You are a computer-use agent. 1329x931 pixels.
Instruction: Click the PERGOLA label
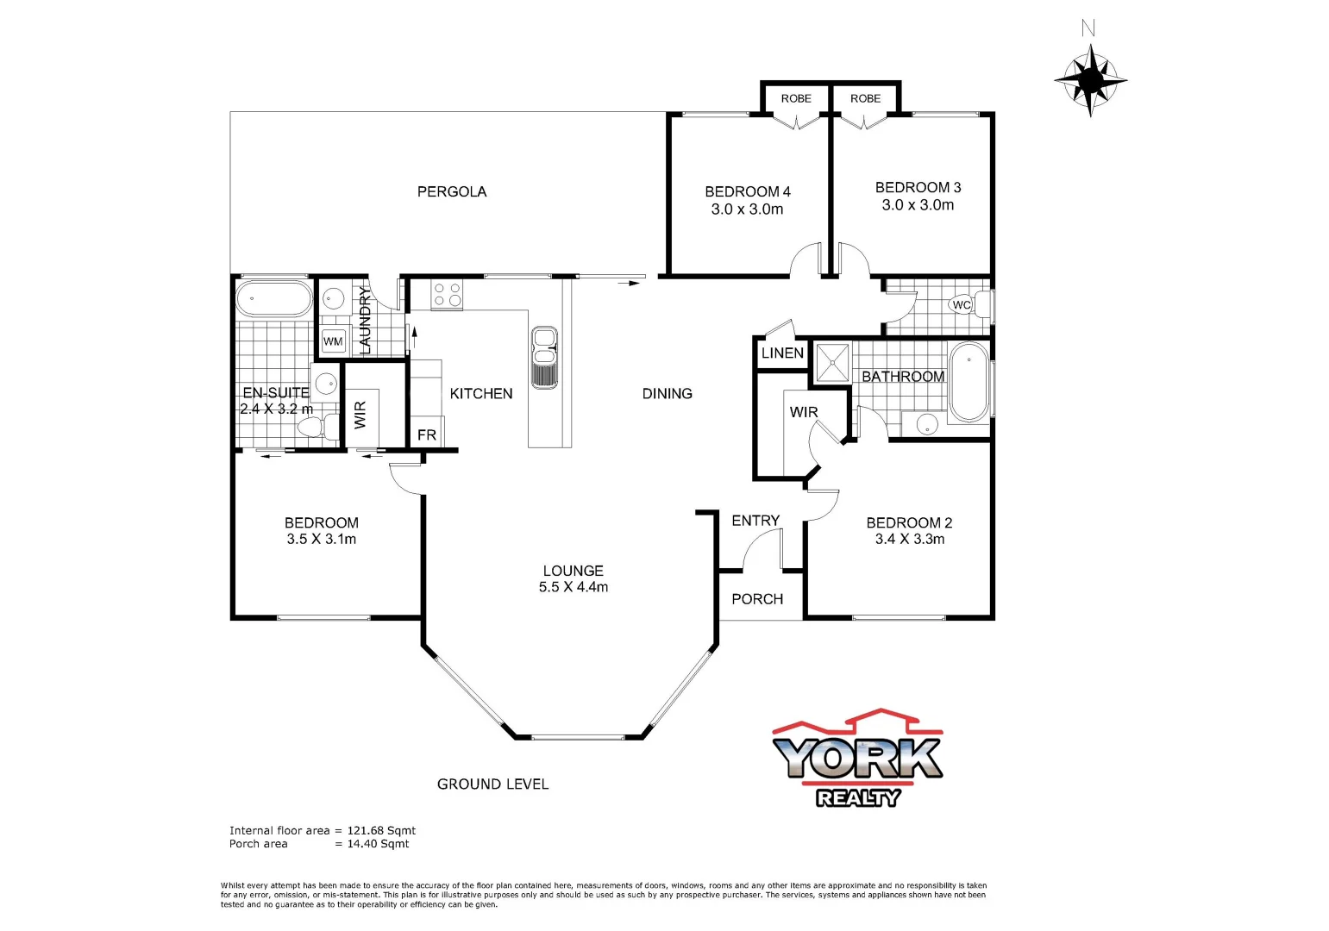[x=451, y=191]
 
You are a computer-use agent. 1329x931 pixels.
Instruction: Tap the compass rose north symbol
[x=1090, y=78]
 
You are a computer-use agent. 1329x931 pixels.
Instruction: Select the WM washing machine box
[x=333, y=341]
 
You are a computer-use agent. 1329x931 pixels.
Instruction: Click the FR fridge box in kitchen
[x=426, y=435]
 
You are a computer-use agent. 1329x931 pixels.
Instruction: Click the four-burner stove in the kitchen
[x=447, y=295]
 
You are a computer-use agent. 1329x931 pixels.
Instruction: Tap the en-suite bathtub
[x=273, y=299]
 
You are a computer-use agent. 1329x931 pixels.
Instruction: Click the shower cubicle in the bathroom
[x=832, y=363]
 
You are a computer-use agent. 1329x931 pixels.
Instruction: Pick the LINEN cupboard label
[x=782, y=353]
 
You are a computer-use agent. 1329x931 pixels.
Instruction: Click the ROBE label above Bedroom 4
[x=795, y=98]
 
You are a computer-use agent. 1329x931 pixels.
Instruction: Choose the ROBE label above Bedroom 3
[x=865, y=98]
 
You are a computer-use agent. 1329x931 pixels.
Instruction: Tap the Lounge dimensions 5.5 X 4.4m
[x=574, y=587]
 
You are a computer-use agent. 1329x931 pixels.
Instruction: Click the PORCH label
[x=757, y=599]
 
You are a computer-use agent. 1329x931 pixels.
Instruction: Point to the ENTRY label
[x=755, y=521]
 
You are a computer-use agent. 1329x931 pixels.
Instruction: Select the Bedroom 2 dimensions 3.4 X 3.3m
[x=909, y=539]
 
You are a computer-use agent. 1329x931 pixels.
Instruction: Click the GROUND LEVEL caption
[x=492, y=784]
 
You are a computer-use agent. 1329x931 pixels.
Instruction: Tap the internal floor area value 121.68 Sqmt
[x=381, y=830]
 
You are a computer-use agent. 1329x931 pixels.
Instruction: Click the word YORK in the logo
[x=856, y=758]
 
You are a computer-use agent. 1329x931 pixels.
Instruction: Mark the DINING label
[x=667, y=393]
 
